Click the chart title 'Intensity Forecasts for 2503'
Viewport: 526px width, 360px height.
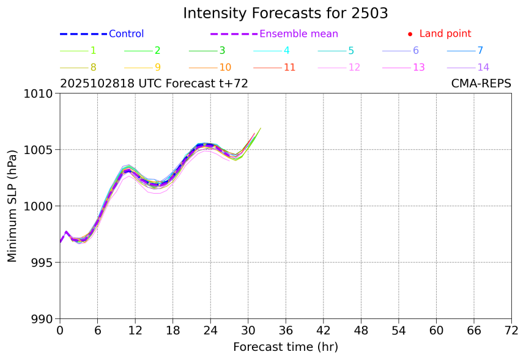(285, 13)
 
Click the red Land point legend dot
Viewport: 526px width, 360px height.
(410, 34)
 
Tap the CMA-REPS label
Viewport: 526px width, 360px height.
(481, 84)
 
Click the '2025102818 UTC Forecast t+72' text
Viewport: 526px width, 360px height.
(154, 84)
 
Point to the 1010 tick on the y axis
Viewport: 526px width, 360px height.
(41, 94)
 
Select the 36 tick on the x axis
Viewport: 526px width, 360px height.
(286, 330)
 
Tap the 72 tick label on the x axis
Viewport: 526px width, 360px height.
(511, 330)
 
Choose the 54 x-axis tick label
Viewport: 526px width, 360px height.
(398, 330)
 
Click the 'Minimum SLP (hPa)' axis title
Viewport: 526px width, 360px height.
(13, 206)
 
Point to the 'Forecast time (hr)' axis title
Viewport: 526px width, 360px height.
(285, 347)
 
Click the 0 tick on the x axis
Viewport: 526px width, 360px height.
(60, 330)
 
